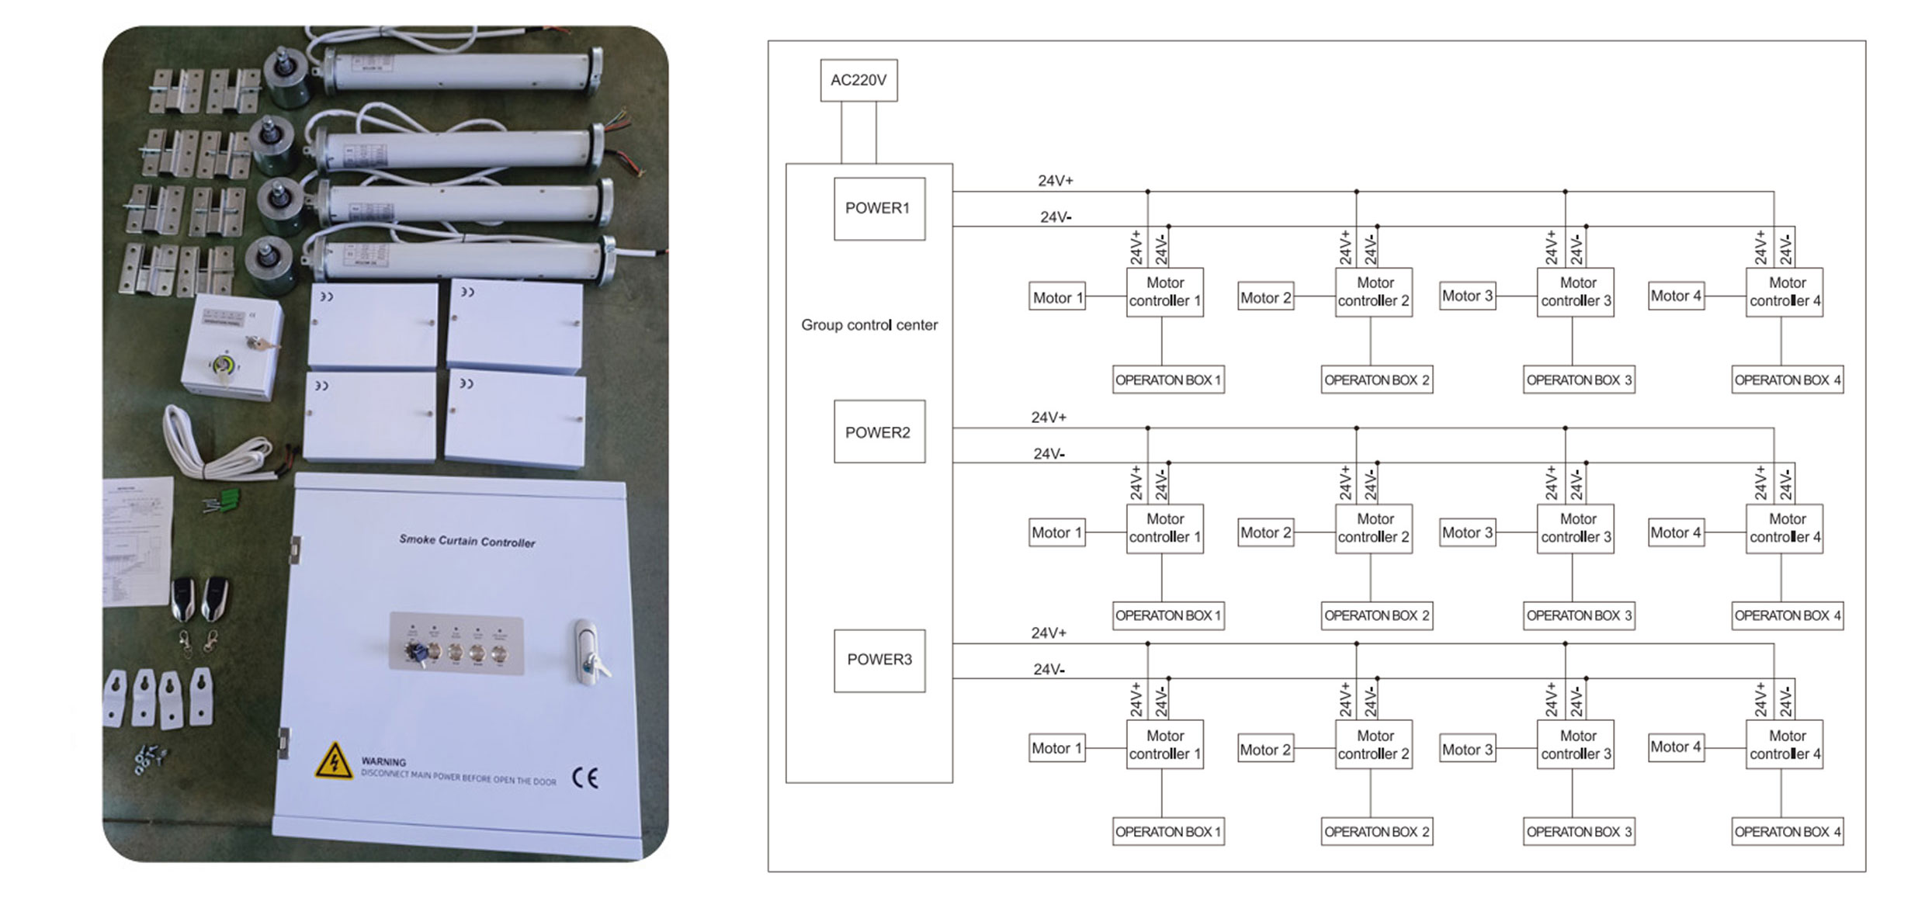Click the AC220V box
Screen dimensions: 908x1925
(x=858, y=80)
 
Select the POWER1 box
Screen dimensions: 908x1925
(x=879, y=209)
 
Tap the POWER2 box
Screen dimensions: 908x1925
(x=879, y=431)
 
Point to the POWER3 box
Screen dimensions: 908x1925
(x=879, y=660)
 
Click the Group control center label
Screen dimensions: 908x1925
(x=869, y=325)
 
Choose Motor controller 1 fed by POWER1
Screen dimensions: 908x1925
(x=1164, y=292)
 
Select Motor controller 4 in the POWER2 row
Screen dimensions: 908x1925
(x=1784, y=529)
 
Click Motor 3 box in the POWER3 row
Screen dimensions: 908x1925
(x=1466, y=749)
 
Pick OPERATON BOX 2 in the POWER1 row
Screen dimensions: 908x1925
(x=1376, y=380)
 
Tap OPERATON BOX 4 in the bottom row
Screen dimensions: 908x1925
(x=1787, y=831)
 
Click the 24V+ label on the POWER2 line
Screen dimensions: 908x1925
(x=1048, y=418)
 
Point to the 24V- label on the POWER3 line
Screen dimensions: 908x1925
(x=1048, y=670)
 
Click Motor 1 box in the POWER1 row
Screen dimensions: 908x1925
(x=1056, y=297)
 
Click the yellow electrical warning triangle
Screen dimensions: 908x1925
(x=334, y=761)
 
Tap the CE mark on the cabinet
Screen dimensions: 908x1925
(x=584, y=778)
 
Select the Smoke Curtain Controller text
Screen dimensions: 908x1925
(x=467, y=541)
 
